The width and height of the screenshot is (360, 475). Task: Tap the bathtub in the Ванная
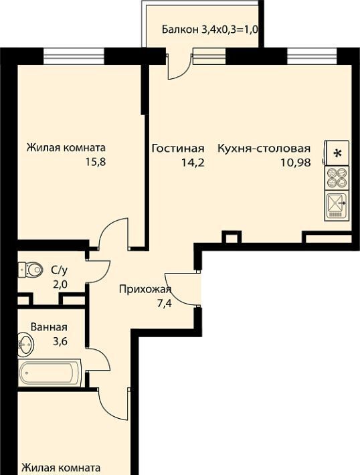pos(50,373)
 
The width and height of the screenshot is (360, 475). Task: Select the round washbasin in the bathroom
pos(25,345)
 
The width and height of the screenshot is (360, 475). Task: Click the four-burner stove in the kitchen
pos(337,178)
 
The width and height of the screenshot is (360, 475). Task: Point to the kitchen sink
pos(337,205)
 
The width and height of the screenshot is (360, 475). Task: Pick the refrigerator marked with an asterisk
pos(337,153)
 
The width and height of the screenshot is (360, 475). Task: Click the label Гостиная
pos(178,149)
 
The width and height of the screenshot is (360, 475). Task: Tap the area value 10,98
pos(296,163)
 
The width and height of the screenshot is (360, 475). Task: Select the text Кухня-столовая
pos(264,149)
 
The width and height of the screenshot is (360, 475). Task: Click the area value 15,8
pos(95,162)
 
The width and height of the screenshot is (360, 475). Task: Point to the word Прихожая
pos(145,290)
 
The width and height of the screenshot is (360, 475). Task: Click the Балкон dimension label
pos(209,29)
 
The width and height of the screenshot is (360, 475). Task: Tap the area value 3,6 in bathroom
pos(60,341)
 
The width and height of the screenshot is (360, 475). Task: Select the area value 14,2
pos(193,163)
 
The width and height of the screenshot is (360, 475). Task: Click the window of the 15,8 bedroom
pos(74,56)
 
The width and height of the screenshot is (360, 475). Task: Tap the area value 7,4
pos(165,303)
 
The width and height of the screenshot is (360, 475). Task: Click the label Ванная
pos(49,327)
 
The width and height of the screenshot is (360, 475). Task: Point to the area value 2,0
pos(60,284)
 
